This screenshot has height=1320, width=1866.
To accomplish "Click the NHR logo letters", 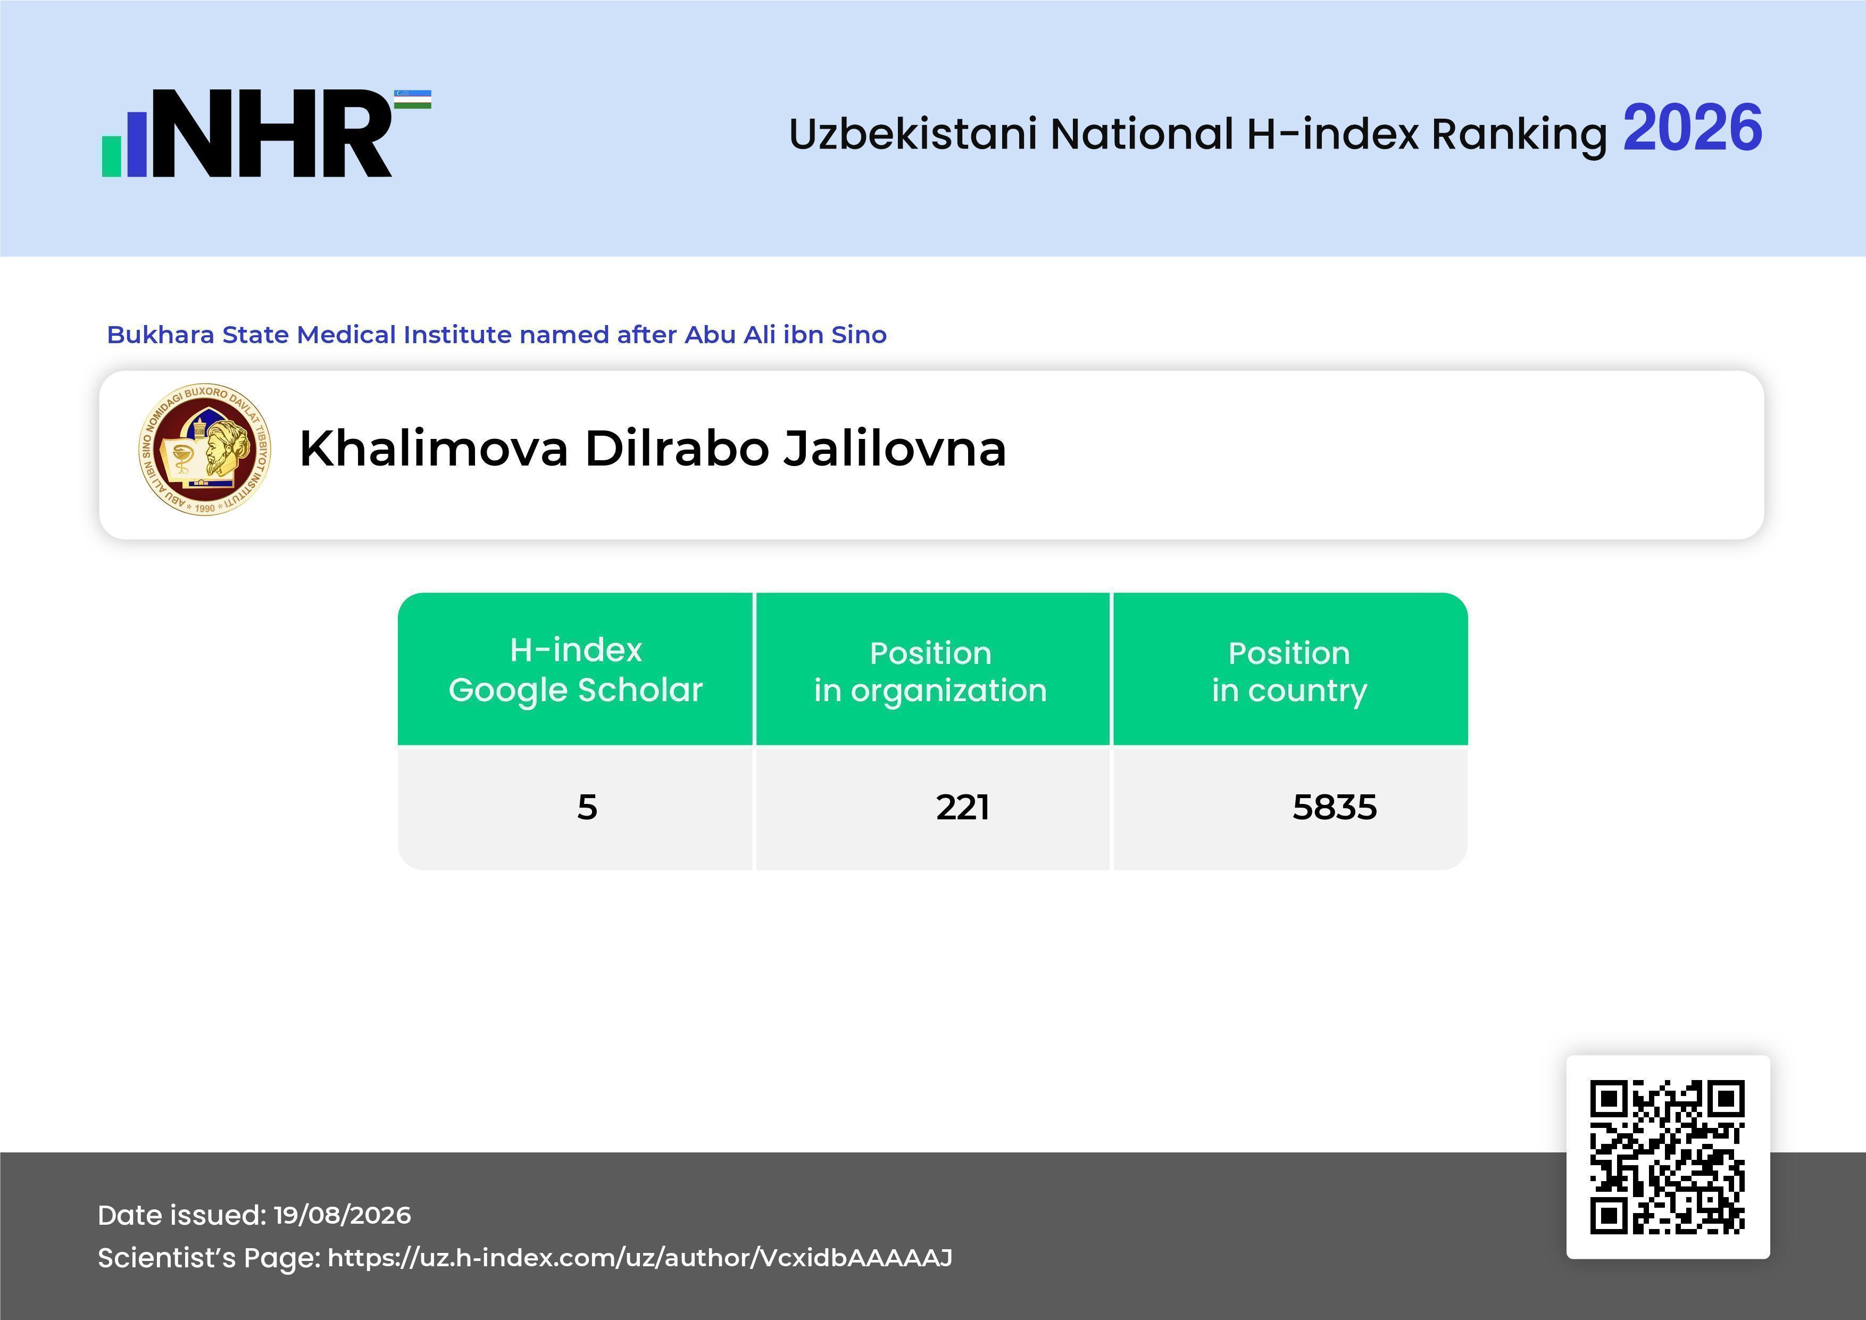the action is pyautogui.click(x=272, y=134).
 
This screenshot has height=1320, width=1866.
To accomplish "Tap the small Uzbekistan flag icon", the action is pyautogui.click(x=413, y=99).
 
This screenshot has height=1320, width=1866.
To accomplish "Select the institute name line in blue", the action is pyautogui.click(x=497, y=334).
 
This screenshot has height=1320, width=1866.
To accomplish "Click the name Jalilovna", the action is pyautogui.click(x=895, y=448).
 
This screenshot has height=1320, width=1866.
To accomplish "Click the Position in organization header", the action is pyautogui.click(x=930, y=671).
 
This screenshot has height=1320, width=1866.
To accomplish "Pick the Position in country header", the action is pyautogui.click(x=1289, y=671).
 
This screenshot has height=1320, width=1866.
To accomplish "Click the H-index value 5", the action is pyautogui.click(x=587, y=807).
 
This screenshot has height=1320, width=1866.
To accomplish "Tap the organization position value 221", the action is pyautogui.click(x=962, y=807).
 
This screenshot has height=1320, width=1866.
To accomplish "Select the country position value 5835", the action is pyautogui.click(x=1335, y=807).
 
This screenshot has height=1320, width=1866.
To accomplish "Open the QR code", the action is pyautogui.click(x=1668, y=1157).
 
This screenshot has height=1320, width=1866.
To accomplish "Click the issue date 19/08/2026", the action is pyautogui.click(x=342, y=1215).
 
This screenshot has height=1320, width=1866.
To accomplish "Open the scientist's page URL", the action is pyautogui.click(x=639, y=1257).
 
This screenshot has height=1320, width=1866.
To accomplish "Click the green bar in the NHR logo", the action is pyautogui.click(x=111, y=156).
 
